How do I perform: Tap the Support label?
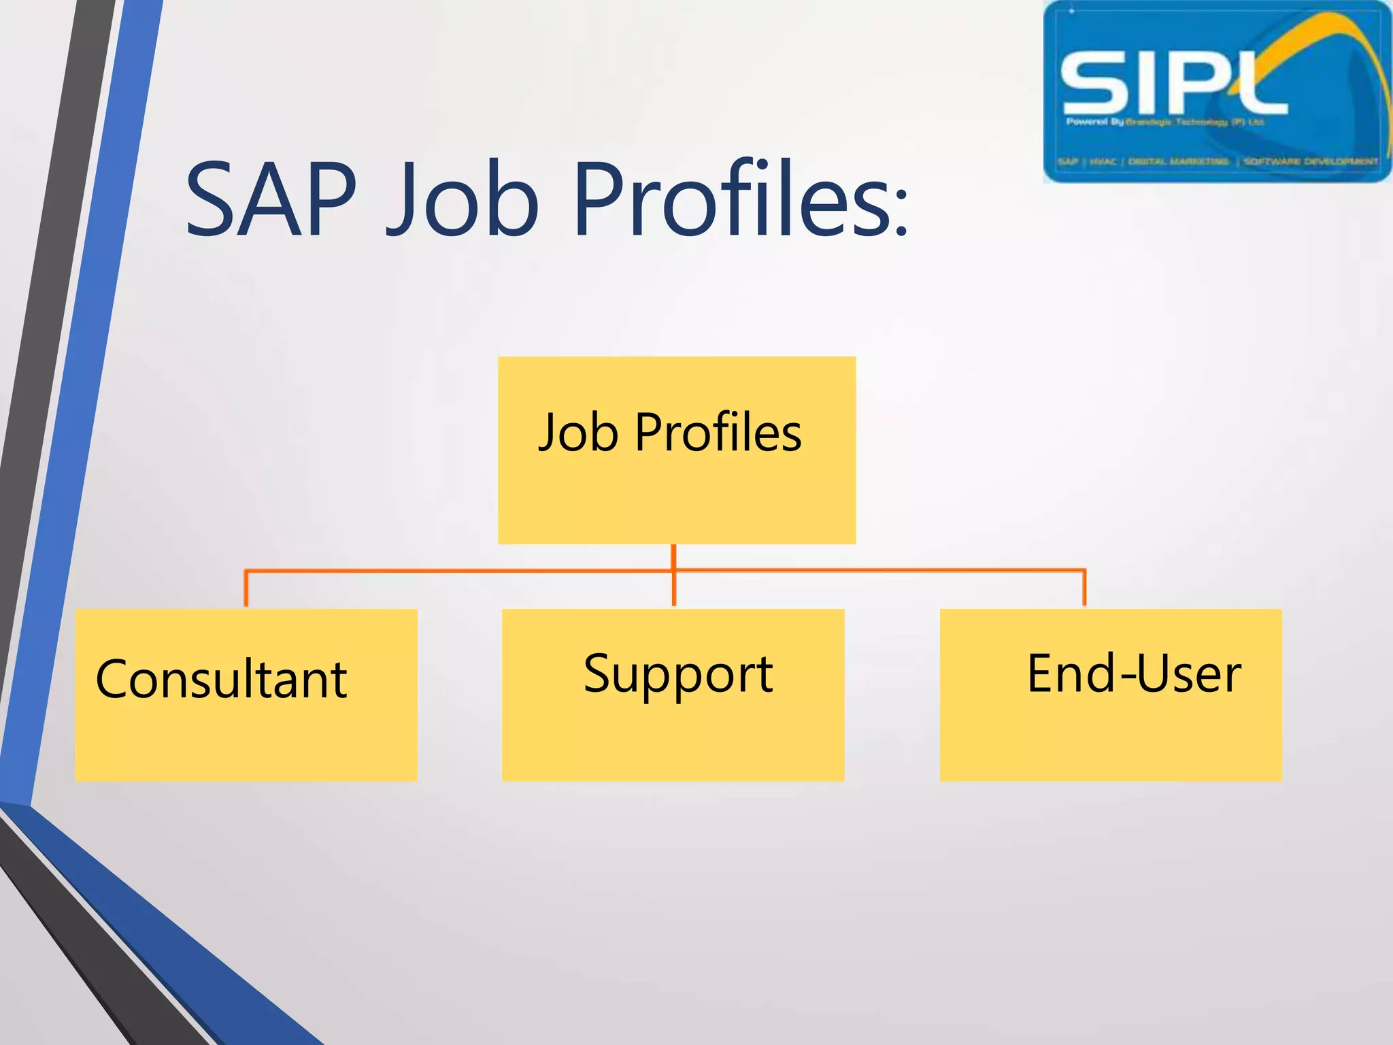678,674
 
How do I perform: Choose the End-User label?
1134,674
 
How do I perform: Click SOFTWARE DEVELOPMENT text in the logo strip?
1310,162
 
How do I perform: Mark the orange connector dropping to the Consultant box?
246,588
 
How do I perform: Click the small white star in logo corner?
1071,11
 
